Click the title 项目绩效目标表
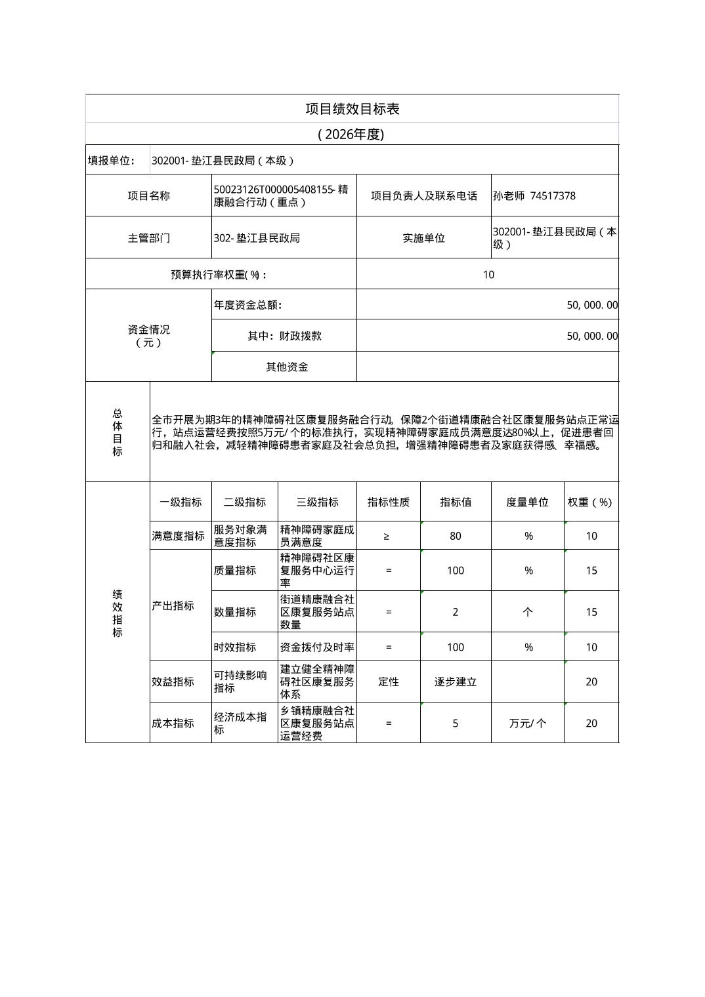pos(352,109)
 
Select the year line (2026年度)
pos(352,134)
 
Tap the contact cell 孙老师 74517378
pos(534,195)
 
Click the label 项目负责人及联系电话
pos(423,195)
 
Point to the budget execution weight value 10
pos(488,275)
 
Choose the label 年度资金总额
pos(247,305)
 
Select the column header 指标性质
pos(388,502)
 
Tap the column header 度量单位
pos(527,502)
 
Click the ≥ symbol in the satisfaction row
pos(387,536)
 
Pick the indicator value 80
pos(456,536)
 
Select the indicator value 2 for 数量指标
pos(456,612)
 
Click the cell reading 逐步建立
pos(456,682)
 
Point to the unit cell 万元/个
pos(527,723)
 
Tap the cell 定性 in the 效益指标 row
pos(388,682)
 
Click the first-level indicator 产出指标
pos(173,605)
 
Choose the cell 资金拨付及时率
pos(317,647)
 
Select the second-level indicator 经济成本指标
pos(240,723)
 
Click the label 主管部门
pos(148,237)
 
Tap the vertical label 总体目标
pos(117,432)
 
